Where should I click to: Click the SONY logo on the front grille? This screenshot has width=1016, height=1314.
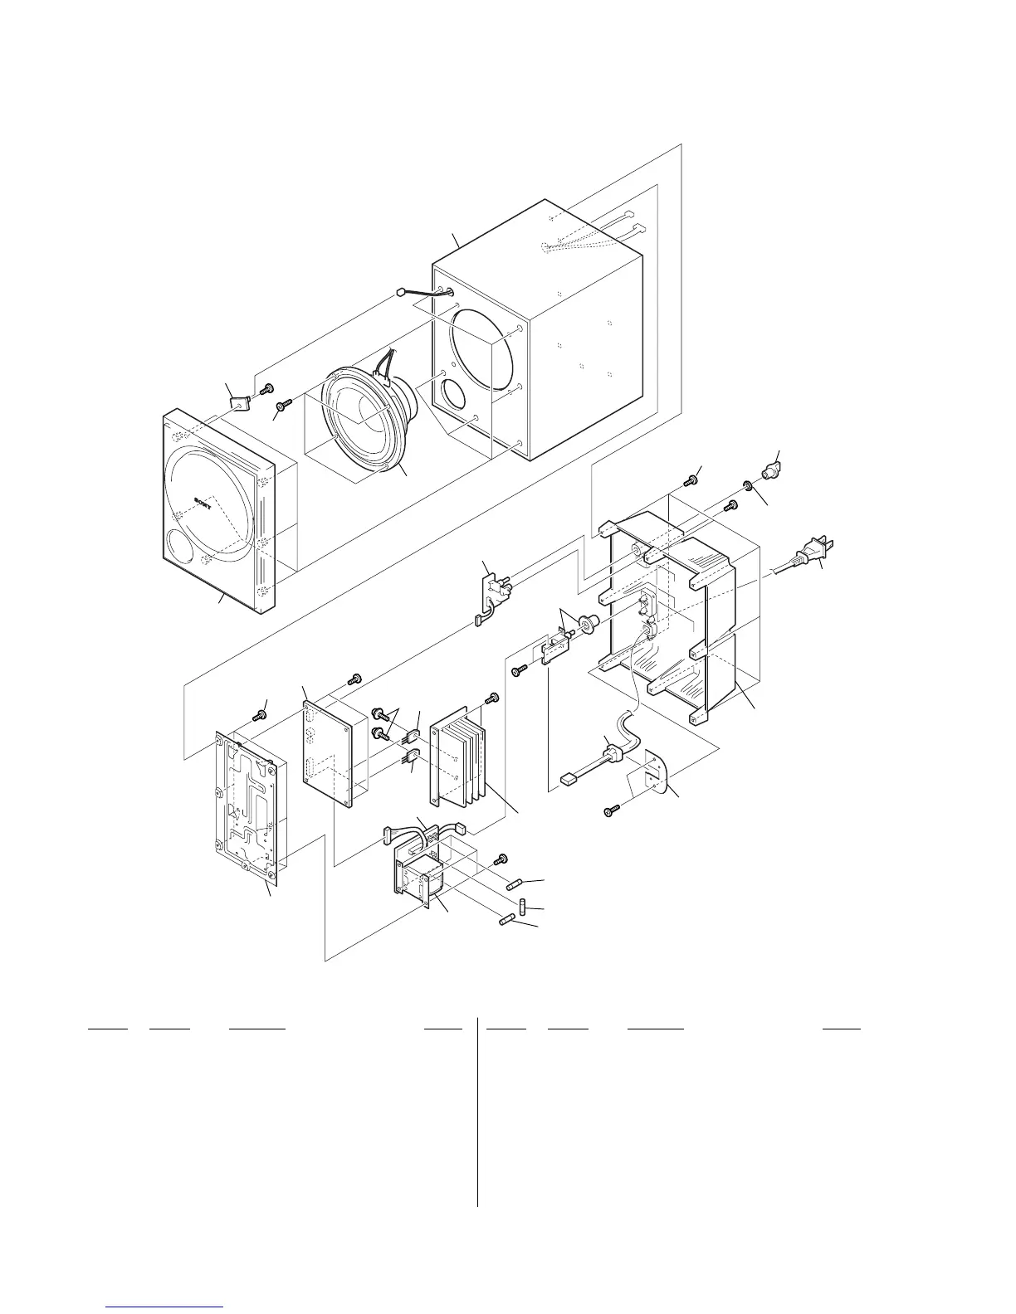pos(203,501)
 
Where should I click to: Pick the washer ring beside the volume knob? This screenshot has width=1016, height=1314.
pos(748,484)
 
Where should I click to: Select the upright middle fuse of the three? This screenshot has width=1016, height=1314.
pos(524,905)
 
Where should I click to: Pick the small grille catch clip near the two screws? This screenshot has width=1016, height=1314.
pos(239,403)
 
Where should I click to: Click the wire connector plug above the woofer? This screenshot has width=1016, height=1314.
pos(401,293)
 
